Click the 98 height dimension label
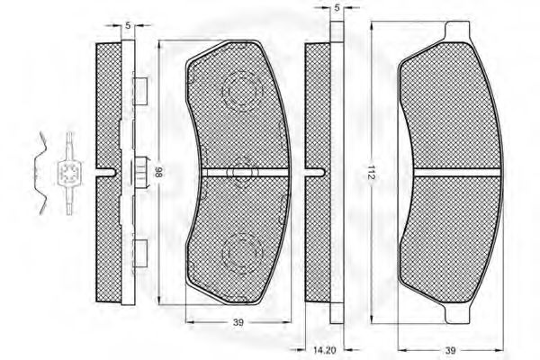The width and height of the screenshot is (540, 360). (x=158, y=172)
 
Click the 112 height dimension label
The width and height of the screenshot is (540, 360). (x=371, y=172)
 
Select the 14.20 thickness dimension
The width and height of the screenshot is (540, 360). (x=324, y=350)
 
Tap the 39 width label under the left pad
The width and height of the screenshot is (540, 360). (x=238, y=322)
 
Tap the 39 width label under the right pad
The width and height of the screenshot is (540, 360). (x=450, y=350)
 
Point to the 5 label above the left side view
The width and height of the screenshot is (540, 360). (x=128, y=25)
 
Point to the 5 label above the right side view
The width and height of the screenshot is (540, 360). (x=337, y=7)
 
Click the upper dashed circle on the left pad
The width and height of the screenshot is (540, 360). (x=242, y=91)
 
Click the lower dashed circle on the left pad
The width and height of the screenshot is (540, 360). (x=242, y=253)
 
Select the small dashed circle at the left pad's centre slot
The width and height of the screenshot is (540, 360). (x=242, y=172)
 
